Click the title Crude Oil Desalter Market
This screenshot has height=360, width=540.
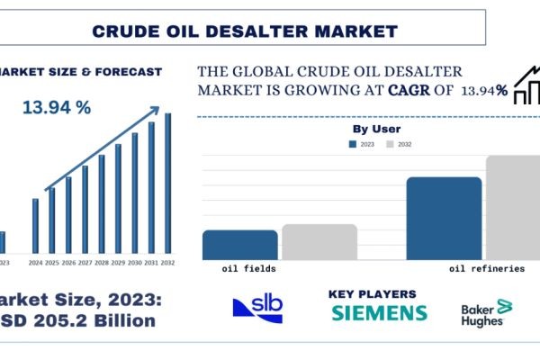[245, 31]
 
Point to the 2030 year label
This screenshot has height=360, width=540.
[134, 263]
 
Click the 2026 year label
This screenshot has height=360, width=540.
[68, 263]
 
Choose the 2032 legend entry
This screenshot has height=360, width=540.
[401, 144]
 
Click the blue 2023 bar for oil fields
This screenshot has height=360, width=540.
[239, 245]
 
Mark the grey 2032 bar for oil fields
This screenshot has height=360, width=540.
[319, 241]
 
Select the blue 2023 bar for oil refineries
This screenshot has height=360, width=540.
[444, 218]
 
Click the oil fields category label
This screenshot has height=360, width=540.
[248, 268]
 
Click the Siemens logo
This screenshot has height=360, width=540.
[379, 313]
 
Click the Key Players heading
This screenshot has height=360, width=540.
[373, 293]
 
